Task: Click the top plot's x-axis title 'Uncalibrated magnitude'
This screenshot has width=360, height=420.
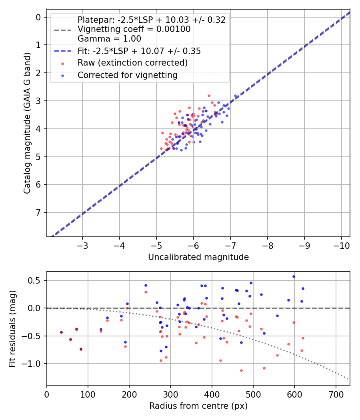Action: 198,257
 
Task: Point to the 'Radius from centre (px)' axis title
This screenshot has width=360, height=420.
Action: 198,406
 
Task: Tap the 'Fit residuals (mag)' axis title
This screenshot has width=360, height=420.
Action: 12,328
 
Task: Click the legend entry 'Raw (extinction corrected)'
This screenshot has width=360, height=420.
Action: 132,63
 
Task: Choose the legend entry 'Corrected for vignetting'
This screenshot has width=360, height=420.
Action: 127,75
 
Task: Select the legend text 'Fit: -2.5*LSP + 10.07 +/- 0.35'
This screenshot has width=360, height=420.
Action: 139,51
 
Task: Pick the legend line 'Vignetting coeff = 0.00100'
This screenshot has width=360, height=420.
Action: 134,29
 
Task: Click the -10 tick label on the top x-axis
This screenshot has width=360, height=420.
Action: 341,245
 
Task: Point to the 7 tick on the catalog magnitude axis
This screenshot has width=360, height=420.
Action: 38,212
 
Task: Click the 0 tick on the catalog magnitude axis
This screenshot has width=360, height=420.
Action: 38,17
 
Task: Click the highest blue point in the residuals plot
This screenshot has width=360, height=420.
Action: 294,276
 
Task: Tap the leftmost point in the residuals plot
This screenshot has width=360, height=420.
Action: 61,332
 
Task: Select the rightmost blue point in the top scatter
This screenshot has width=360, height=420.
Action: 236,96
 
